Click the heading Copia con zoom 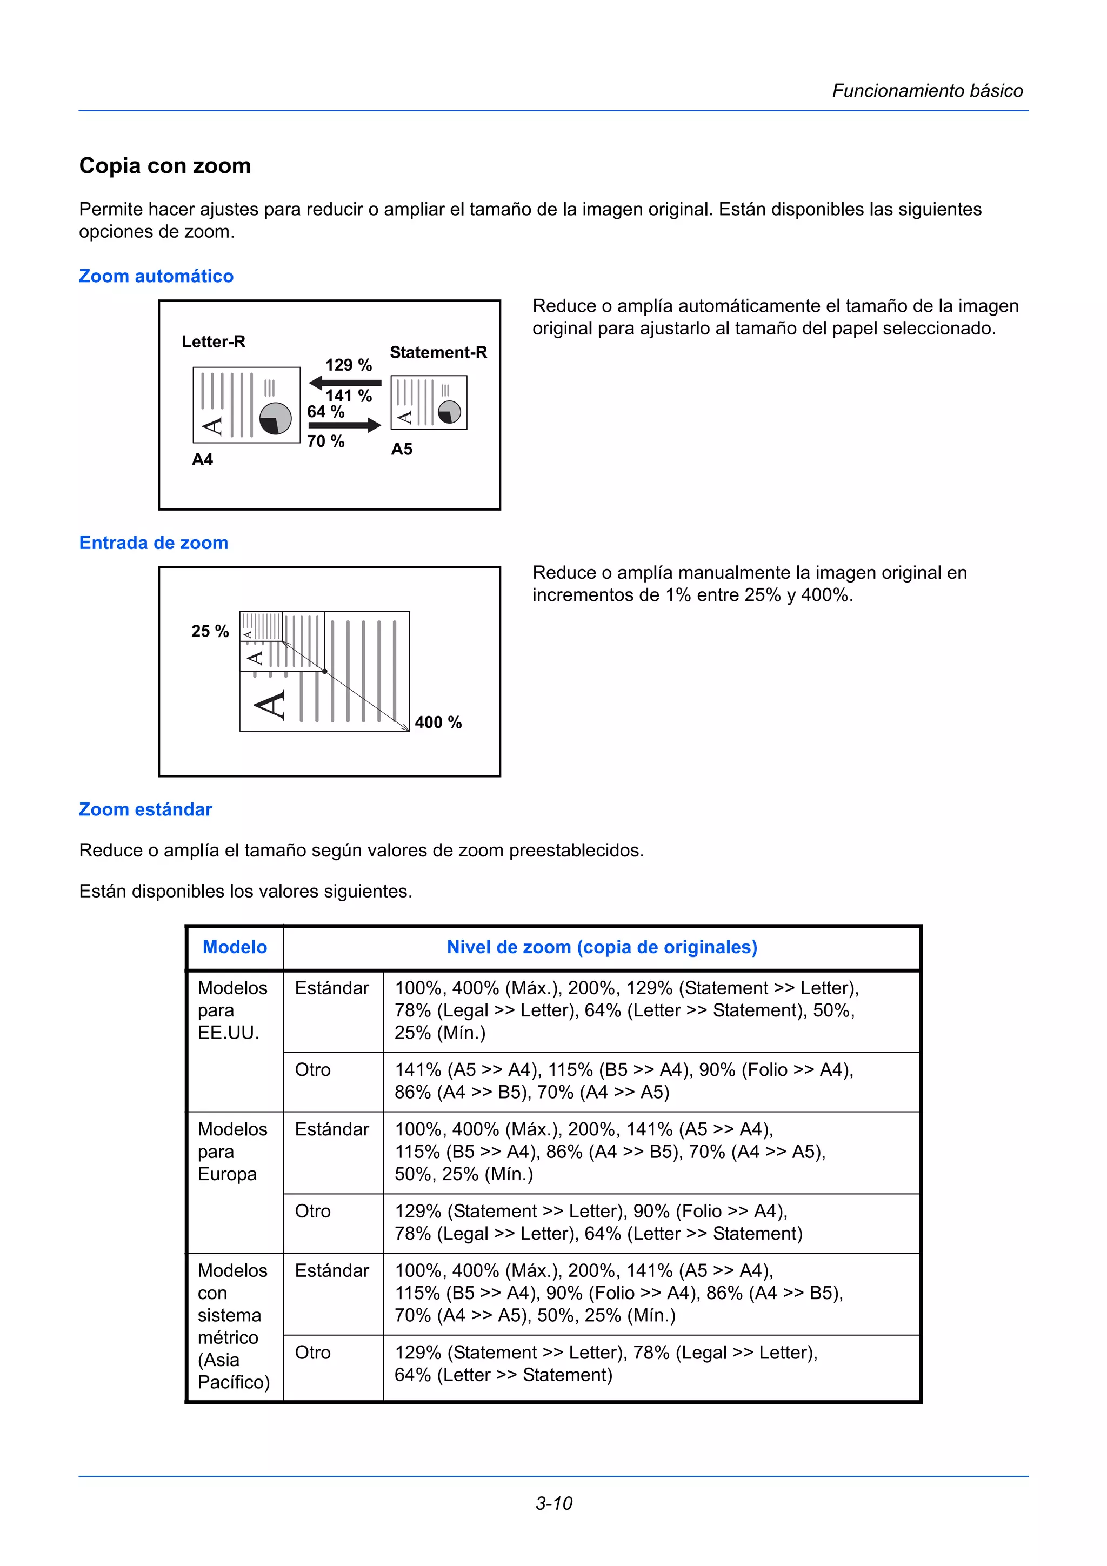[165, 166]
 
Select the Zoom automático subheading [156, 276]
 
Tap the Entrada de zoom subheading [154, 543]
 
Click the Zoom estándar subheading [145, 809]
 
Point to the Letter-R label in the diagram [214, 342]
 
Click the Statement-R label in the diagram [438, 353]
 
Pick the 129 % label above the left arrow [349, 365]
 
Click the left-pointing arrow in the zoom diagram [344, 383]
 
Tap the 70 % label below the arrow [326, 441]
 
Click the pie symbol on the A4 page [276, 418]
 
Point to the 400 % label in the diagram [438, 722]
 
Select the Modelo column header [235, 947]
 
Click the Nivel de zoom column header [602, 947]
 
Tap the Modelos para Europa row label [232, 1152]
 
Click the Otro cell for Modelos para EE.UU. [313, 1069]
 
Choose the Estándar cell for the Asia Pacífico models [331, 1270]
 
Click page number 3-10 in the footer [553, 1503]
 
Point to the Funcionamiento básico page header [927, 91]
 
